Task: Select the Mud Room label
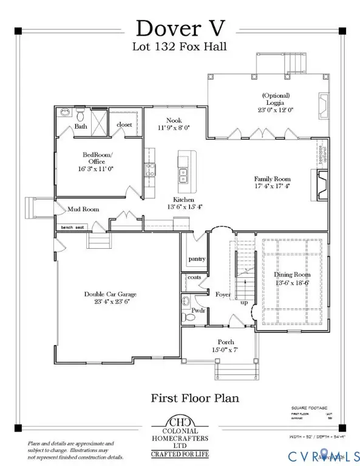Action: click(83, 209)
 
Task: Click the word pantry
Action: click(197, 258)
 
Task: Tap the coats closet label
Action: click(194, 277)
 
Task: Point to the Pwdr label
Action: click(199, 310)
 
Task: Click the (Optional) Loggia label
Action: click(276, 95)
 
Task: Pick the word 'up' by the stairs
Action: click(244, 302)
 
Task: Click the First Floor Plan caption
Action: click(194, 398)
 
